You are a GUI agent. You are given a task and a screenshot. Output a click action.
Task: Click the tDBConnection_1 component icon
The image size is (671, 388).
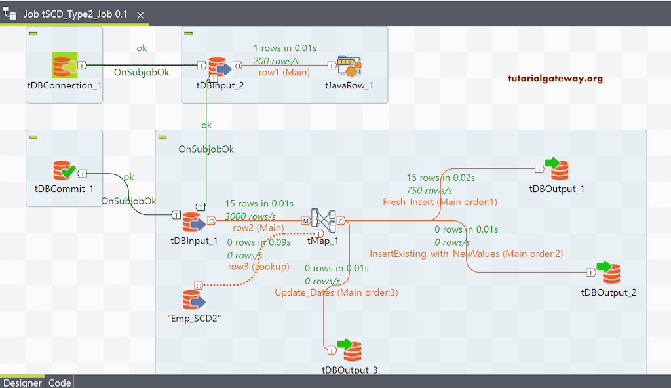point(65,66)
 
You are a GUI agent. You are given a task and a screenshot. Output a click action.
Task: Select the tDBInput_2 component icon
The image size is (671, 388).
point(219,66)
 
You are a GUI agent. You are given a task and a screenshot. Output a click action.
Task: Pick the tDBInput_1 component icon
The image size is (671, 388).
point(194,222)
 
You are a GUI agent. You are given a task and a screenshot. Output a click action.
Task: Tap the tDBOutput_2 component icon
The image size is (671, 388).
point(609,272)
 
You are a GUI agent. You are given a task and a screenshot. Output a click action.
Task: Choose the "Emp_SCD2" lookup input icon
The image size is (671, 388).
point(194,300)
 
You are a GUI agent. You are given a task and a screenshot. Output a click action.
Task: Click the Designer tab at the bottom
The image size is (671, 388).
point(22,383)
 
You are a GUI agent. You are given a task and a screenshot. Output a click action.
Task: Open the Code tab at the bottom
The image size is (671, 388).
point(60,383)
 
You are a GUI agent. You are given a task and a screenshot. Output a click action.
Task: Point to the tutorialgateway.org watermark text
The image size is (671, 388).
point(555,79)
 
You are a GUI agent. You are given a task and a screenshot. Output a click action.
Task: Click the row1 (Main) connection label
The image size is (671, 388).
point(280,73)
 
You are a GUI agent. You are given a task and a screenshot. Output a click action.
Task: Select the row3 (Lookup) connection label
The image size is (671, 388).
point(258,267)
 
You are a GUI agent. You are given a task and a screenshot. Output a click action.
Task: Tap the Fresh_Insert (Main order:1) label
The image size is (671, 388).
point(440,202)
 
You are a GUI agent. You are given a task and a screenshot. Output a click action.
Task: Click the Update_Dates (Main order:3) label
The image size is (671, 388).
point(336,292)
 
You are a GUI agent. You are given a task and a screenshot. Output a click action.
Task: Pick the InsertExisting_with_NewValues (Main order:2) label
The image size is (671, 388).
point(467,253)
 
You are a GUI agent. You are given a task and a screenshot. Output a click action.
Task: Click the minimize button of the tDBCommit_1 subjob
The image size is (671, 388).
point(34,137)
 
